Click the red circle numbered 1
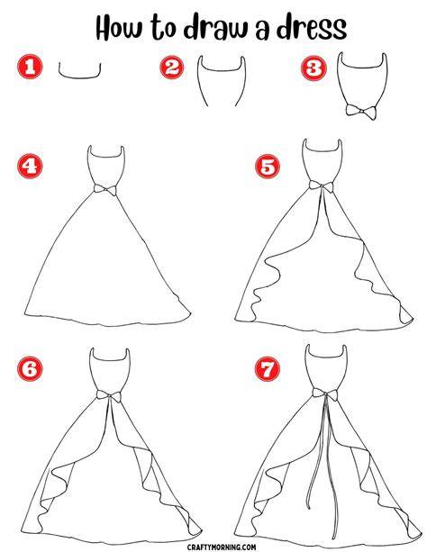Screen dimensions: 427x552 tap(30, 67)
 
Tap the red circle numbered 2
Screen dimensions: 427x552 tap(172, 68)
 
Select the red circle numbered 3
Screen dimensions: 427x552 tap(313, 68)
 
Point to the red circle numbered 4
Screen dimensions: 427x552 tap(30, 166)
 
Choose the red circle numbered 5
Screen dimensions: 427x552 tap(268, 167)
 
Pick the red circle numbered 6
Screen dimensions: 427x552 tap(30, 368)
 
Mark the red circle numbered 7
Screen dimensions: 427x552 tap(268, 368)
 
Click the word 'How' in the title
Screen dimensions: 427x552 tap(120, 27)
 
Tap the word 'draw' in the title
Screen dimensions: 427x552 tap(215, 27)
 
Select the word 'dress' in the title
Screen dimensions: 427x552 tap(312, 27)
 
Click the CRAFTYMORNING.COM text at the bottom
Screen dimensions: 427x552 tap(222, 547)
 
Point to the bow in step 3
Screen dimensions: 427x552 tap(360, 112)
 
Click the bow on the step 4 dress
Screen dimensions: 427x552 tap(105, 189)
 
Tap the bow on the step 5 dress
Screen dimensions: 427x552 tap(322, 186)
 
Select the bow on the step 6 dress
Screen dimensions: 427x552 tap(109, 396)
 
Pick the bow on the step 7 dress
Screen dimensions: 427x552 tap(325, 394)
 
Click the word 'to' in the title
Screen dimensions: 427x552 tap(163, 28)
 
